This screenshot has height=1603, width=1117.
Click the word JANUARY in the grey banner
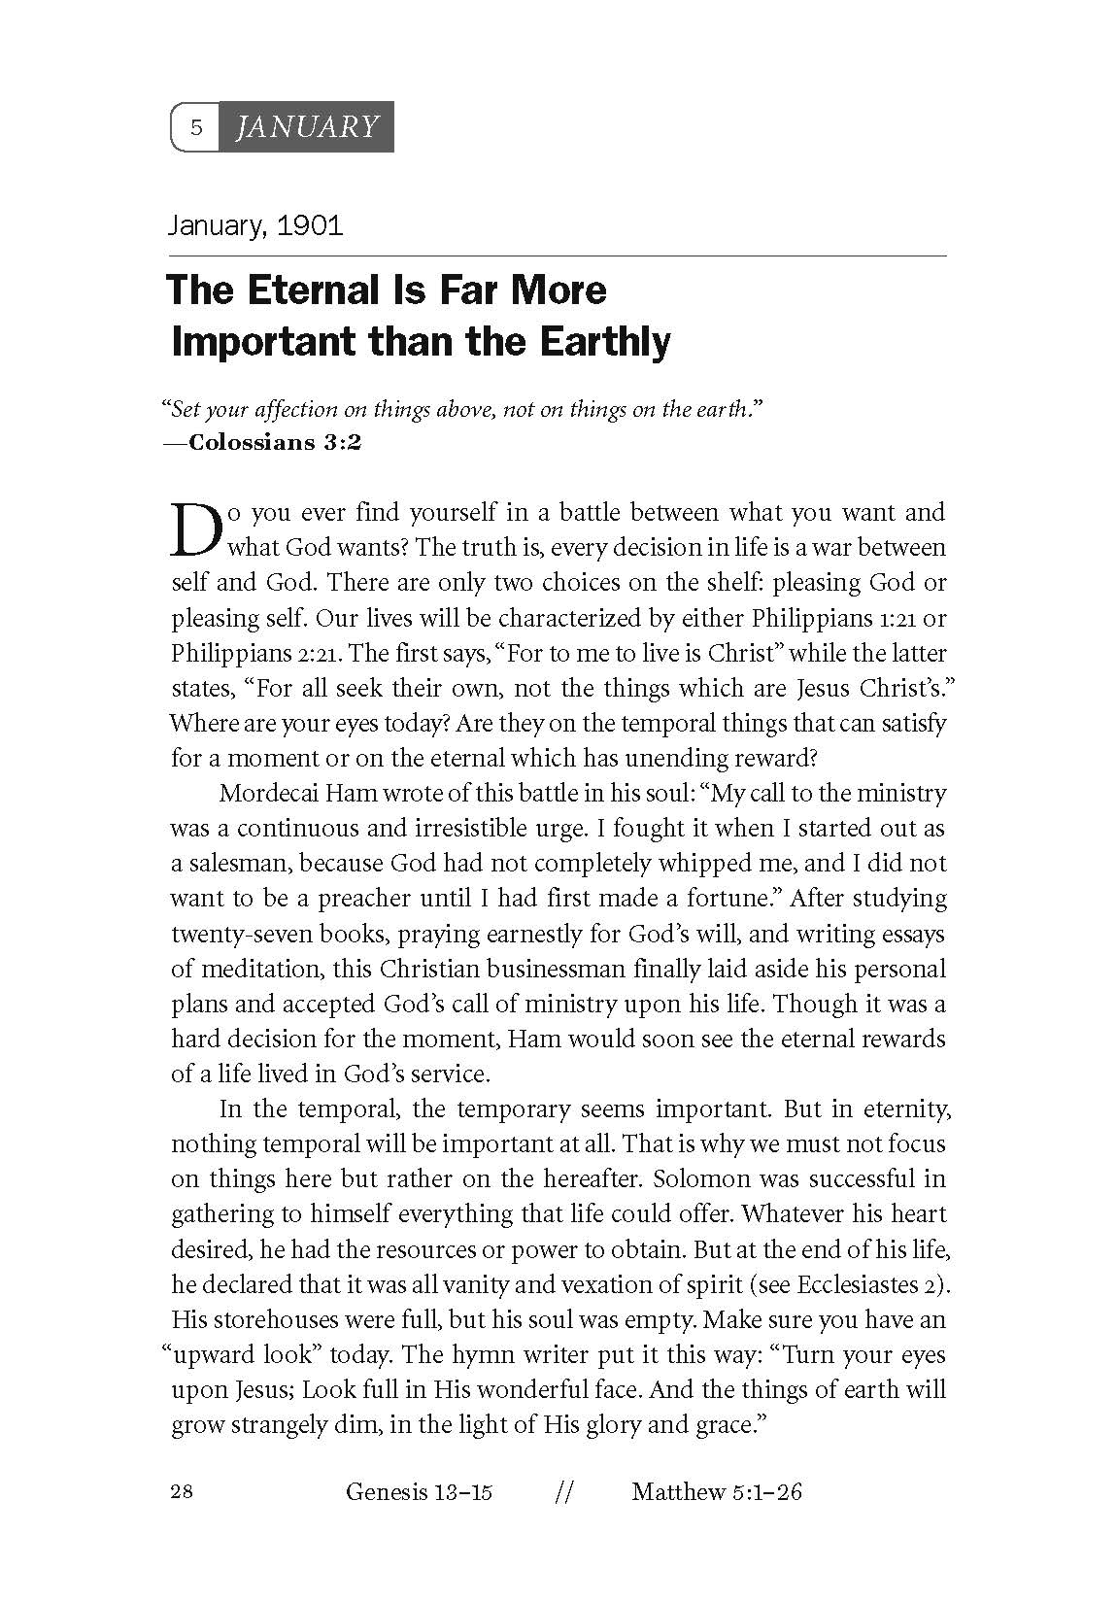point(307,126)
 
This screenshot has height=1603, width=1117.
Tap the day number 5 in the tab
point(196,127)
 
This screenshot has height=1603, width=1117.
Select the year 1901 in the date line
point(310,226)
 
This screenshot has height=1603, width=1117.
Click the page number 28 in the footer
point(182,1492)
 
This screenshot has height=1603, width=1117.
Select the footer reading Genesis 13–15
point(419,1492)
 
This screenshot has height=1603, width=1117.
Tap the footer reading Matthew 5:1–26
point(716,1492)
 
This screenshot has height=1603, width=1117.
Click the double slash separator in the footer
point(561,1493)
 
